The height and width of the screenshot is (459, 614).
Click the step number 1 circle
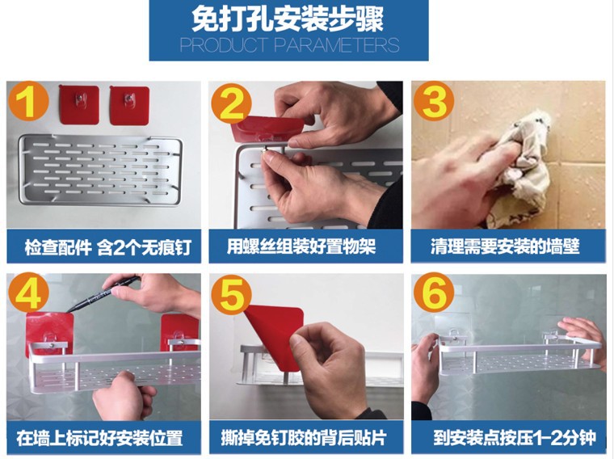coord(28,101)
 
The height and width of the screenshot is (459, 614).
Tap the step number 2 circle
coord(231,103)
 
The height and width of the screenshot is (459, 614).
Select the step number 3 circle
coord(434,101)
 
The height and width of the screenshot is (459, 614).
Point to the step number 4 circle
coord(28,293)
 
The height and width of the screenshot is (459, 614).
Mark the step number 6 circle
coord(434,293)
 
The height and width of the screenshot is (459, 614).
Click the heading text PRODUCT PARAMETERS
coord(289,45)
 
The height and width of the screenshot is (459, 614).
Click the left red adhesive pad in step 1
coord(78,105)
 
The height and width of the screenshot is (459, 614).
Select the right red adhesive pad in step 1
coord(129,106)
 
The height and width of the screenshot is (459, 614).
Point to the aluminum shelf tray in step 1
coord(100,171)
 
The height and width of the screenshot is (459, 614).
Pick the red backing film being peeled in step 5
coord(274,333)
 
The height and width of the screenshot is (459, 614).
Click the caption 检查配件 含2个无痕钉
coord(108,247)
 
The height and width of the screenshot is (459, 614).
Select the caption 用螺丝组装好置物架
coord(301,246)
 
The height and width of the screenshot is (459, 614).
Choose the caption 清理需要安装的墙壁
coord(505,246)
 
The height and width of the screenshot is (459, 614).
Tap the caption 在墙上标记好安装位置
coord(99,438)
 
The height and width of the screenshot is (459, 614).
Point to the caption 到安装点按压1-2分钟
coord(515,437)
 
